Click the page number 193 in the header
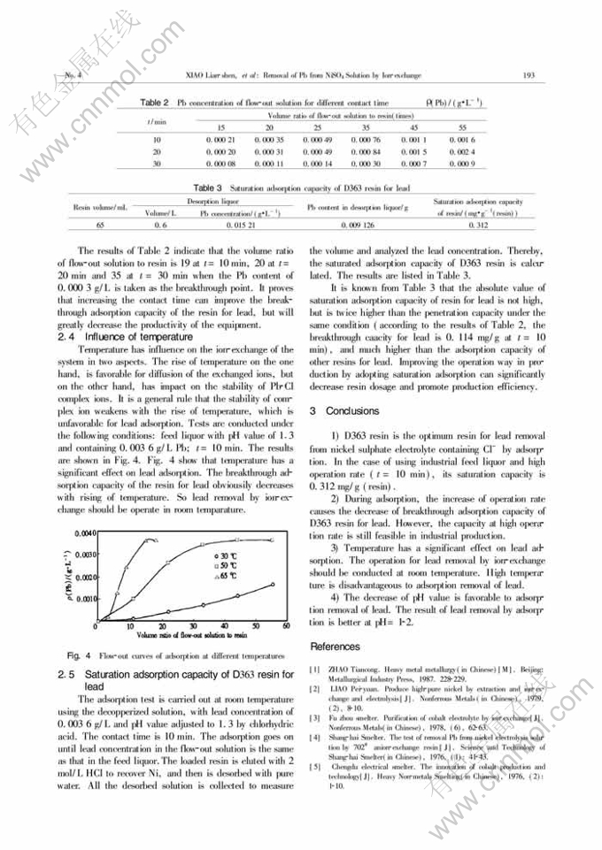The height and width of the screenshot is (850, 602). [529, 75]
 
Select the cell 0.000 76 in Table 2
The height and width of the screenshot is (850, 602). [365, 140]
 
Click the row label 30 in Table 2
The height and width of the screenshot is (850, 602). [157, 164]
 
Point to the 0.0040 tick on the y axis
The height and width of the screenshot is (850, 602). [106, 534]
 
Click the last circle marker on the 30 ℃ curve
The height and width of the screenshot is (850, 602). [273, 584]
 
